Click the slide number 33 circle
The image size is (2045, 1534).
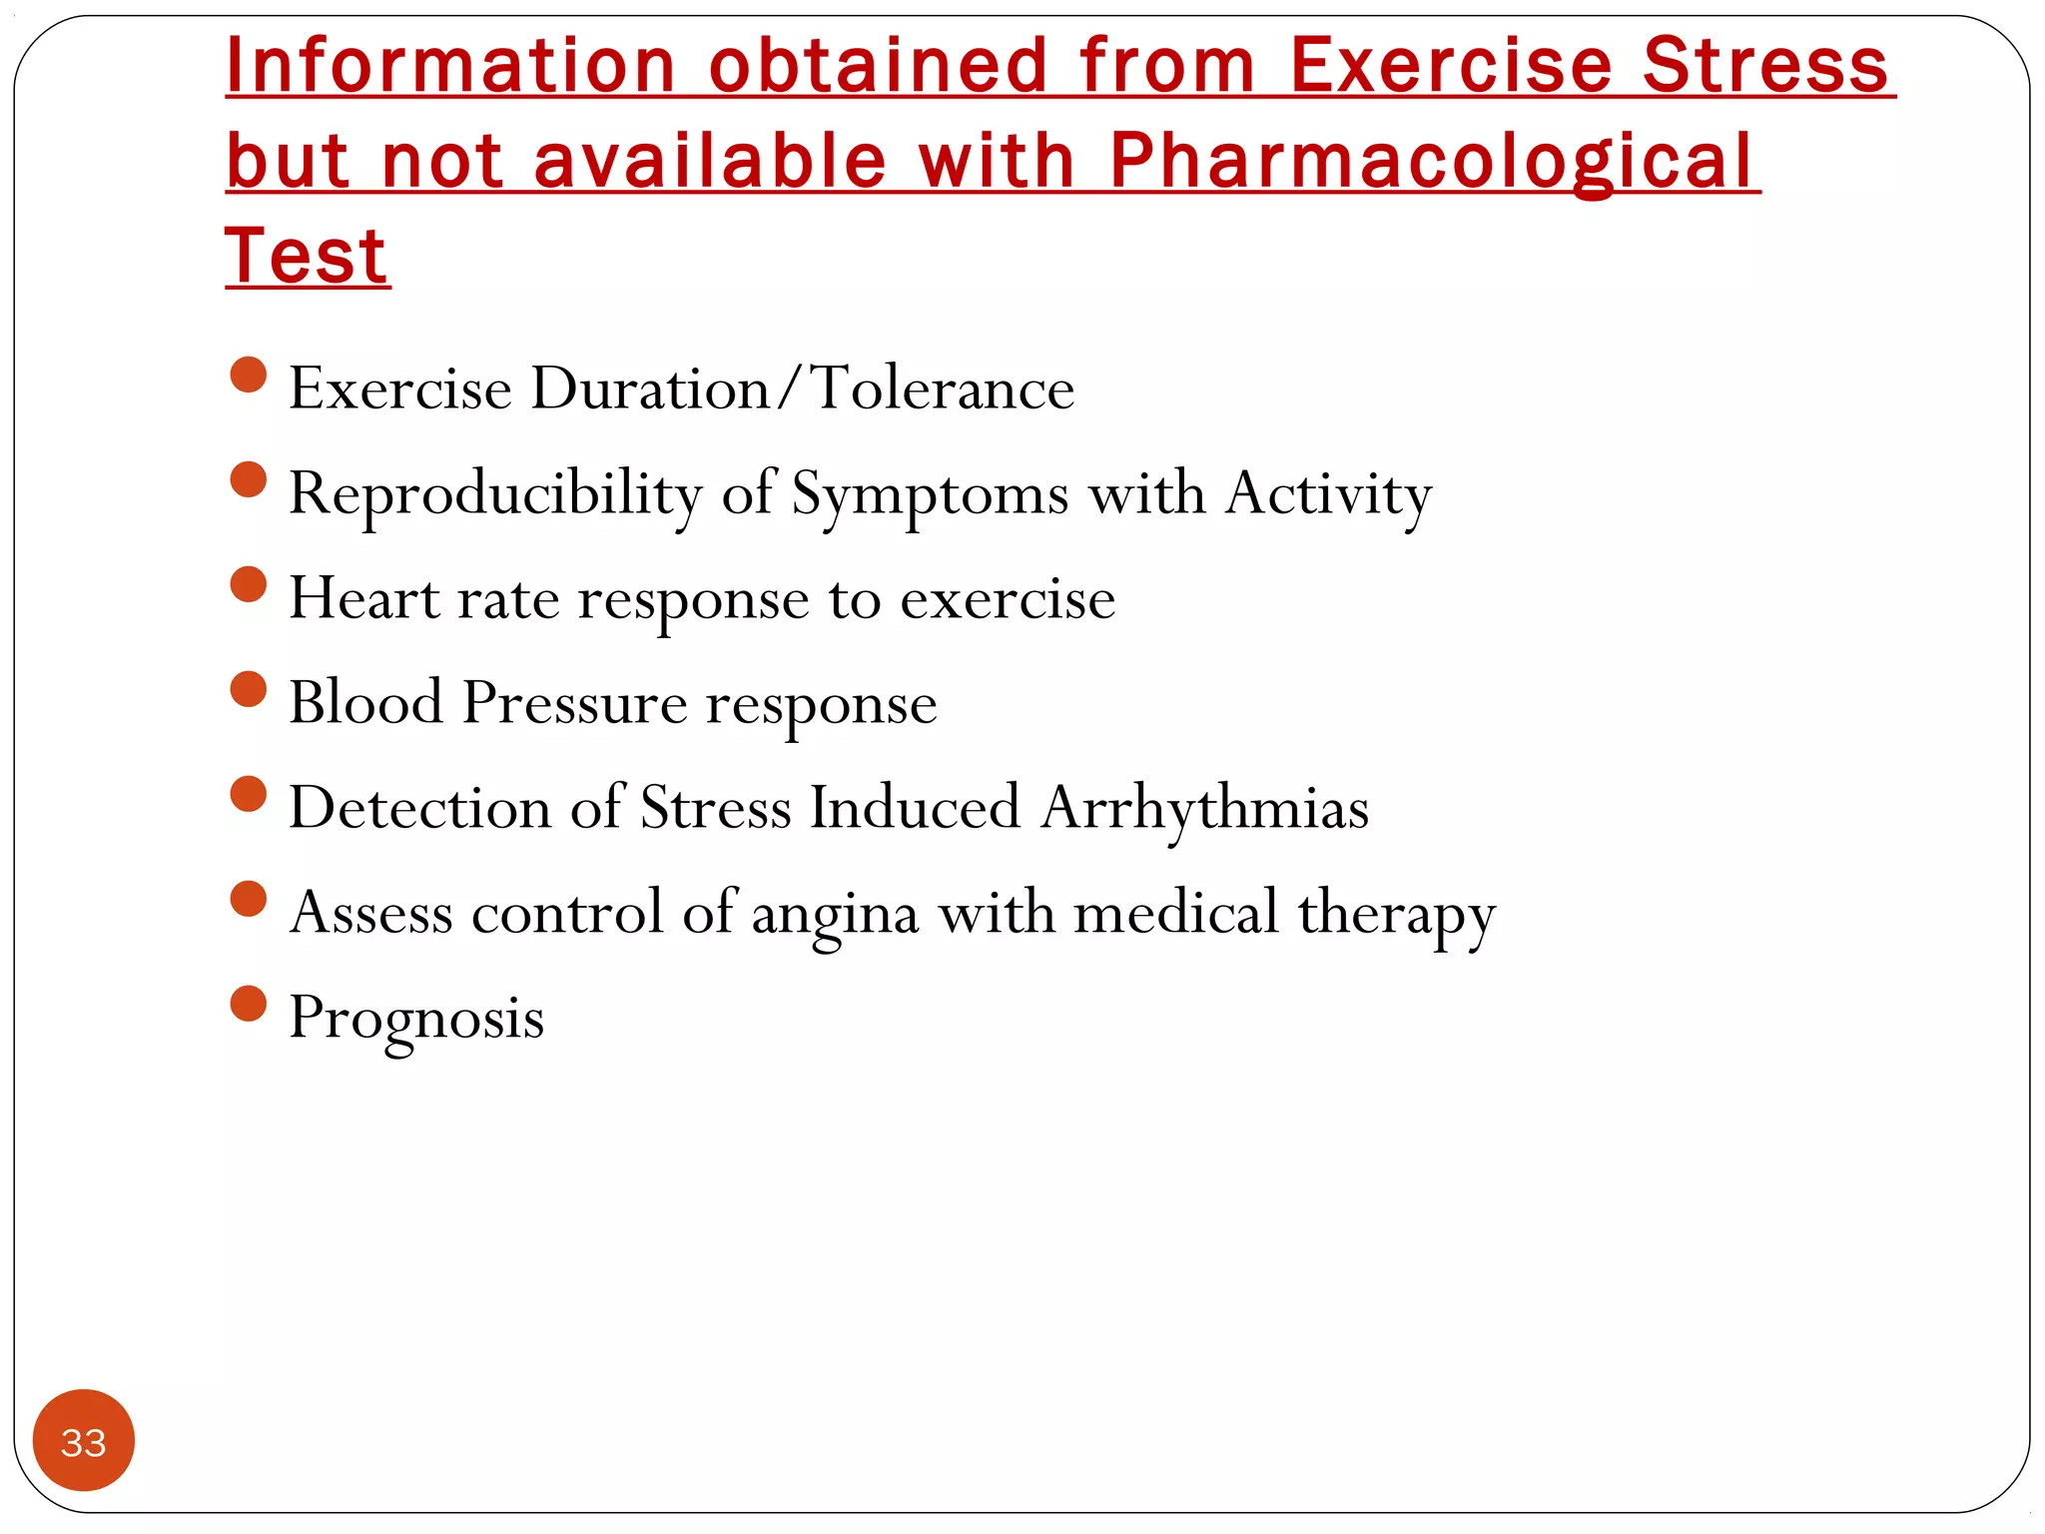[83, 1440]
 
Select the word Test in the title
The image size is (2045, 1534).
[307, 257]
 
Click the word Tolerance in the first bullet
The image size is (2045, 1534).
[943, 388]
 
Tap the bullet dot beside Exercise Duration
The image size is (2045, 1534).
[249, 376]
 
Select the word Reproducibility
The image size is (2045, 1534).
[495, 493]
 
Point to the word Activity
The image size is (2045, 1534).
[1328, 493]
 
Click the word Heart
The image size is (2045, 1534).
[363, 598]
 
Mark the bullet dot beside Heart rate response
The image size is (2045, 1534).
[249, 584]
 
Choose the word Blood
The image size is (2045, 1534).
[365, 702]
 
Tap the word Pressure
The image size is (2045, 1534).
[574, 702]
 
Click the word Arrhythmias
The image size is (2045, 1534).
[1204, 809]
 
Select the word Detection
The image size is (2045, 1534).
[419, 807]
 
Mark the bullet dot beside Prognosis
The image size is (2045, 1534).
[249, 1004]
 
